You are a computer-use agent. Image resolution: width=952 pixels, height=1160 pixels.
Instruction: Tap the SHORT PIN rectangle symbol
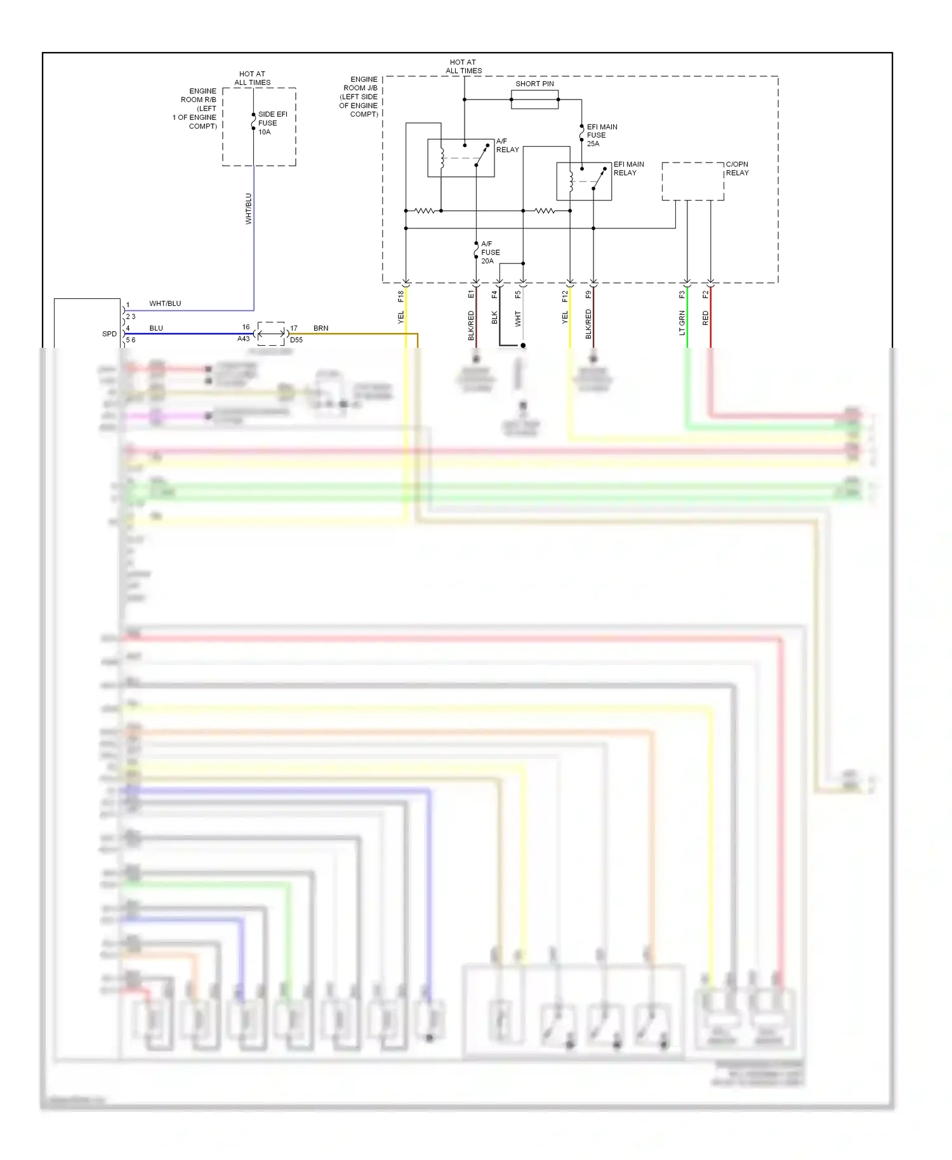(x=534, y=100)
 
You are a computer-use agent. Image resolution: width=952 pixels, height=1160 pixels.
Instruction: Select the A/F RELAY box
(x=461, y=158)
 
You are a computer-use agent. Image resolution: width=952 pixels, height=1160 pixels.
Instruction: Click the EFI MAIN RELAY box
(x=584, y=181)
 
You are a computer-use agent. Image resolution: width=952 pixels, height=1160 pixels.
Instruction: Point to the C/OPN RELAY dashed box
(x=692, y=181)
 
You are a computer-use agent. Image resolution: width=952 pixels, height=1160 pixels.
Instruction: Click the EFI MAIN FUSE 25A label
(x=601, y=135)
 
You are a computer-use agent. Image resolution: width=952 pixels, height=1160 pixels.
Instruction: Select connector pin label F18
(x=400, y=296)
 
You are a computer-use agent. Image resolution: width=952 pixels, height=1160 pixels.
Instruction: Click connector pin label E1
(x=471, y=294)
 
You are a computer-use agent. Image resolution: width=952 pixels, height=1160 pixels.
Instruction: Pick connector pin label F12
(x=565, y=296)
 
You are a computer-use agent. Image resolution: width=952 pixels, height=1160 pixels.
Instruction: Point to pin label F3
(x=682, y=294)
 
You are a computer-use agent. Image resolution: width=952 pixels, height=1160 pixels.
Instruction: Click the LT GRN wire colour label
(x=682, y=322)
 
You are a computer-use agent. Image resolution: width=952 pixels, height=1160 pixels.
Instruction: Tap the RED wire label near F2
(x=706, y=319)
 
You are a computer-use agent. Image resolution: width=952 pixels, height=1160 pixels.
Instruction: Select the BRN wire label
(x=321, y=328)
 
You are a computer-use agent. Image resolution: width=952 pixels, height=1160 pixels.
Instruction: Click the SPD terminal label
(x=109, y=334)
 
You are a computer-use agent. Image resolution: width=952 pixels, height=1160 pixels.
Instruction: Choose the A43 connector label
(x=244, y=339)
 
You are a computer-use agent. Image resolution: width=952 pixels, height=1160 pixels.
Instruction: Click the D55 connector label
(x=296, y=340)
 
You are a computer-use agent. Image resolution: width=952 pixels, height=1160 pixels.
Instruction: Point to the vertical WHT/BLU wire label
(x=249, y=209)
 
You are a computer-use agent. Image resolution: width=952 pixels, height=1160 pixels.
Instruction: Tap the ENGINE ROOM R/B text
(x=198, y=95)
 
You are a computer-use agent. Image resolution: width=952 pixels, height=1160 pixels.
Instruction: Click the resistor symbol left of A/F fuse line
(x=423, y=211)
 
